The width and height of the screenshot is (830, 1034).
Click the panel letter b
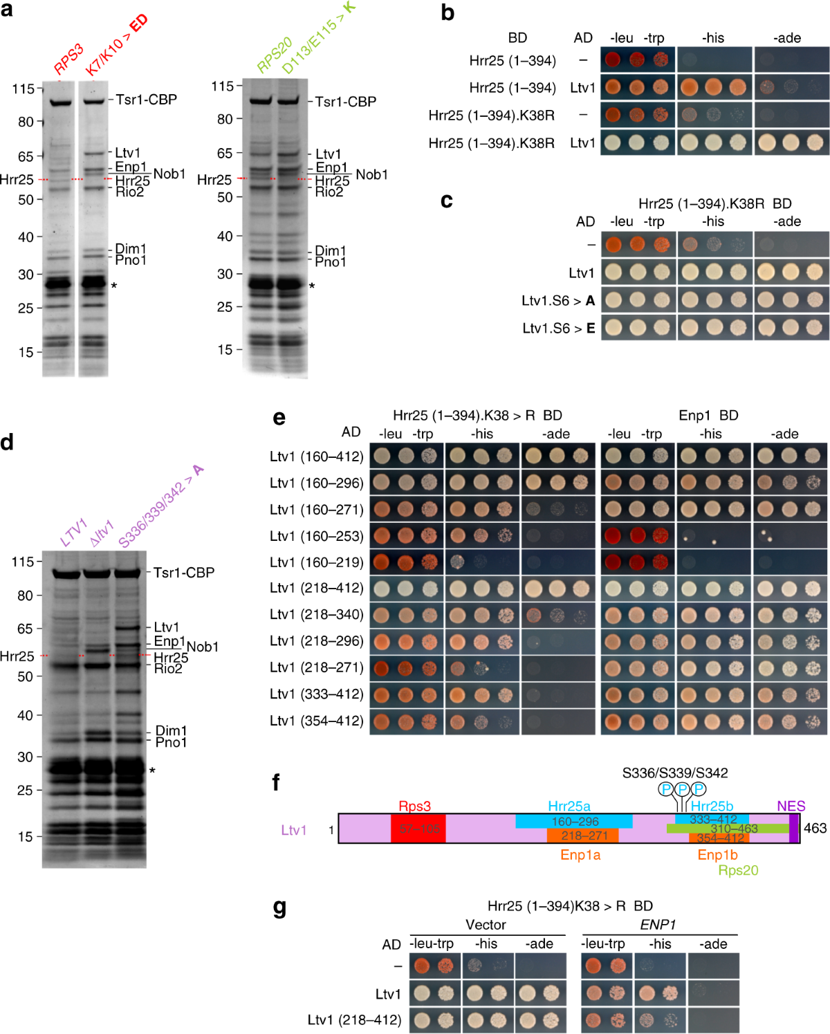pyautogui.click(x=448, y=12)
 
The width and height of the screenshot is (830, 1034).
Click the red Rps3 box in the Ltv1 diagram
pyautogui.click(x=418, y=828)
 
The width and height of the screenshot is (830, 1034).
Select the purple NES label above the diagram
pyautogui.click(x=791, y=806)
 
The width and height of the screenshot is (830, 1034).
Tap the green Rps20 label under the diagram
pyautogui.click(x=738, y=870)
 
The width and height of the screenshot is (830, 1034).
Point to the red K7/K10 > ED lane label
pyautogui.click(x=116, y=46)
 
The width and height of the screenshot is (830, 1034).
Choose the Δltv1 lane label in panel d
pyautogui.click(x=102, y=533)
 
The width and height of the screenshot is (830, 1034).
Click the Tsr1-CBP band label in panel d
pyautogui.click(x=184, y=573)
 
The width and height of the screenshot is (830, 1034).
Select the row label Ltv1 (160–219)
pyautogui.click(x=316, y=562)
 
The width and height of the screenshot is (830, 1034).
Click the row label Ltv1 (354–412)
pyautogui.click(x=316, y=721)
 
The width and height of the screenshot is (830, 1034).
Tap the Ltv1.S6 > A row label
pyautogui.click(x=558, y=301)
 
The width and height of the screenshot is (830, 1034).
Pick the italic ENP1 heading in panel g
pyautogui.click(x=658, y=925)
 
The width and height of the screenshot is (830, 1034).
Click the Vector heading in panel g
pyautogui.click(x=486, y=925)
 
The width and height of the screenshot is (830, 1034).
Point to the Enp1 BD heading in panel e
pyautogui.click(x=708, y=416)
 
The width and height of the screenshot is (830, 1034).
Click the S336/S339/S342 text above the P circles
pyautogui.click(x=674, y=773)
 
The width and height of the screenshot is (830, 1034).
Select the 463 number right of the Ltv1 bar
pyautogui.click(x=815, y=828)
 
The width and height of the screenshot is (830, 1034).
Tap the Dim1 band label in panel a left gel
pyautogui.click(x=131, y=249)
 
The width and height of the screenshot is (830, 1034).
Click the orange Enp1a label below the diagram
pyautogui.click(x=580, y=855)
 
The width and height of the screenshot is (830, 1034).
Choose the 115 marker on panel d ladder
pyautogui.click(x=23, y=562)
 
